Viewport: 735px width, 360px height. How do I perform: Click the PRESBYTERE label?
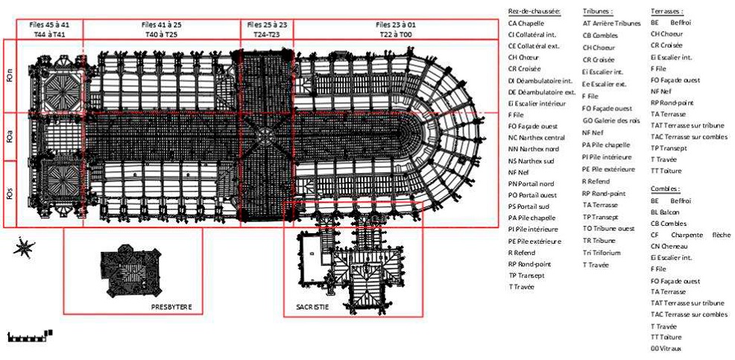(172, 306)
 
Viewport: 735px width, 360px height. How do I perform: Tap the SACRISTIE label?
(307, 306)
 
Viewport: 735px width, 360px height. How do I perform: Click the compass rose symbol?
(24, 247)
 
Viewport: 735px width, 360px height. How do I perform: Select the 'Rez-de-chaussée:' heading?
(534, 11)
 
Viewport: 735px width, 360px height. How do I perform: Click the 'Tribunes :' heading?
(597, 11)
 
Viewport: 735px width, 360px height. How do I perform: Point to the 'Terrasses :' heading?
(666, 11)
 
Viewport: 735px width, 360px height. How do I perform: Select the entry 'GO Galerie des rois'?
(611, 119)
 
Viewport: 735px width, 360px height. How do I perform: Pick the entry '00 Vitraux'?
(666, 348)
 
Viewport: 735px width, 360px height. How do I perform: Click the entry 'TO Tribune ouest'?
(608, 229)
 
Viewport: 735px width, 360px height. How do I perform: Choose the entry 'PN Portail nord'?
(534, 183)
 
